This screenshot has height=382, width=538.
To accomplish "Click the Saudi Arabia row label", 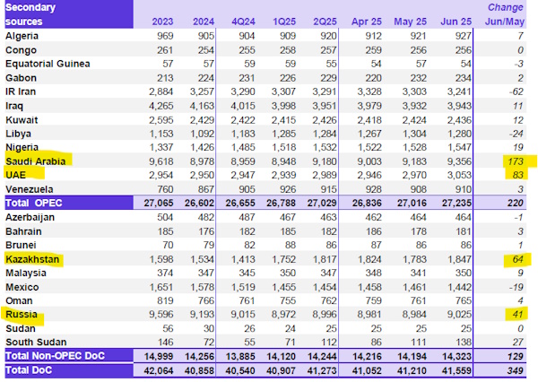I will [x=37, y=161].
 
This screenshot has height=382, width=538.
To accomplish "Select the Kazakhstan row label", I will [x=32, y=258].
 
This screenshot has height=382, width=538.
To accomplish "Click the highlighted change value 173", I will [x=516, y=161].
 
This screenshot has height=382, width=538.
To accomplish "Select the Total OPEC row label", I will [x=36, y=204].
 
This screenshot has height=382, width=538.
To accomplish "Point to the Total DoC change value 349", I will [x=516, y=370].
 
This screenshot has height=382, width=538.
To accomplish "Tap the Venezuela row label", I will [x=30, y=189].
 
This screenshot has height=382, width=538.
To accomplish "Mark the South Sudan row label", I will [x=34, y=342].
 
